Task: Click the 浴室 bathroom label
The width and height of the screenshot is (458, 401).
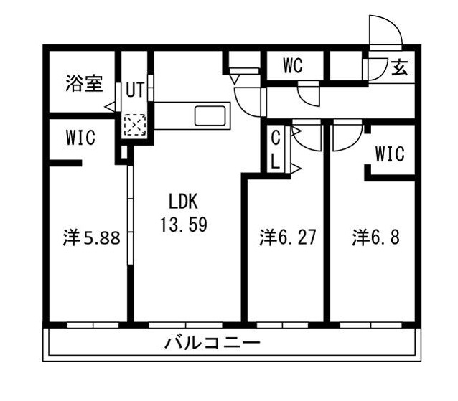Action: point(84,83)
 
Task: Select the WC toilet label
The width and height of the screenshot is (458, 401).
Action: point(292,66)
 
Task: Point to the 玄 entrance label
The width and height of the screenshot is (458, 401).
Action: point(400,68)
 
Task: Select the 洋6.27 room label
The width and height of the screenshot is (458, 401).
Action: point(287,237)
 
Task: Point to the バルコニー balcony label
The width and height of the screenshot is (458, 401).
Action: point(212,343)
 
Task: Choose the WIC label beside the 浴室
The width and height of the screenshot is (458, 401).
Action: point(81,138)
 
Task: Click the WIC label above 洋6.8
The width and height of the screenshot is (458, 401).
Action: point(390,154)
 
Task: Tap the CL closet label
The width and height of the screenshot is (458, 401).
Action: point(276,148)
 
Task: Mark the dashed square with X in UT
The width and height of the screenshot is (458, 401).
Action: point(134,126)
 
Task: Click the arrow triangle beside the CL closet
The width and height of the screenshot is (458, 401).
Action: point(295,169)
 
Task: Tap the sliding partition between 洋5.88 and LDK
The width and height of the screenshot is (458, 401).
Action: point(129,237)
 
